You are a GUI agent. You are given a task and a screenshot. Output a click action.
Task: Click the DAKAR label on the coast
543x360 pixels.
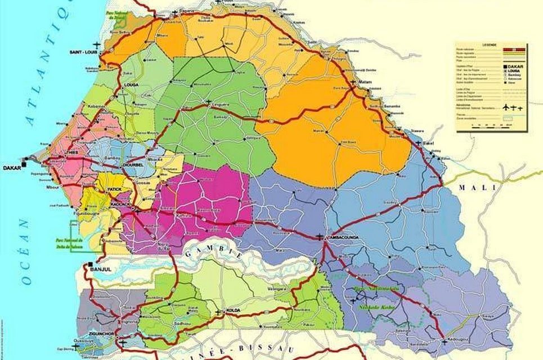tap(11, 168)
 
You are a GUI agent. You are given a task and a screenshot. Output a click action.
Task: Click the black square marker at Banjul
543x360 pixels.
tap(89, 264)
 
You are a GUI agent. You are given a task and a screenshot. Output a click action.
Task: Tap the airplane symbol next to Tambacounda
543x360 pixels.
tap(320, 237)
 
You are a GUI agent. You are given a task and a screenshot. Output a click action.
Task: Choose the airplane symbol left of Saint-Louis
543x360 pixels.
tap(99, 44)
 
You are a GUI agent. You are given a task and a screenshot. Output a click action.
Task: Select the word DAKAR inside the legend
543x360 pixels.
tap(510, 66)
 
